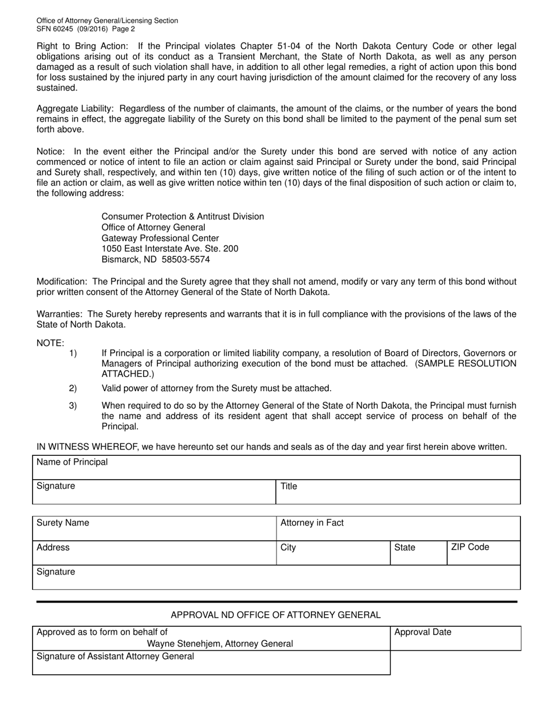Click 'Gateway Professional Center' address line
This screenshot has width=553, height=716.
pos(160,238)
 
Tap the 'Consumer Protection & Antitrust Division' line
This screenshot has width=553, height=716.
pos(182,217)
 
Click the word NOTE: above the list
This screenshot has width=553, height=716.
pos(51,343)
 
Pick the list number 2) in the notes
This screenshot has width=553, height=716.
pos(73,388)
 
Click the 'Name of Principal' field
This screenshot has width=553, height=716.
pos(276,467)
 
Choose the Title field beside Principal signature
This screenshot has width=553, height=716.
pos(398,492)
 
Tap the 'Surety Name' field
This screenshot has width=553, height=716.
pos(154,529)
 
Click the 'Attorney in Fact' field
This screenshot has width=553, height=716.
pos(398,529)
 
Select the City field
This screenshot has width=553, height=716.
pos(333,554)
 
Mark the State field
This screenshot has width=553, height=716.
pos(418,554)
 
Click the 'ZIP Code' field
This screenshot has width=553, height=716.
pos(483,554)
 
